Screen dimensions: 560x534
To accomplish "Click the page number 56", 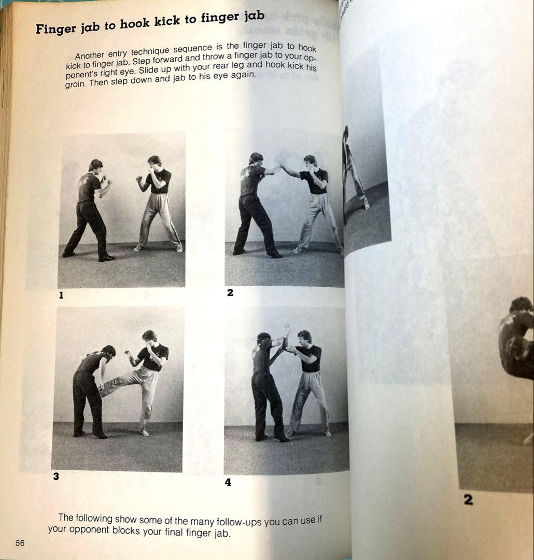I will coord(20,543).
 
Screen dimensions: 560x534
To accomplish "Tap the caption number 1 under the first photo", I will coord(61,295).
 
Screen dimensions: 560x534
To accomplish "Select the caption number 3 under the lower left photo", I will coord(56,477).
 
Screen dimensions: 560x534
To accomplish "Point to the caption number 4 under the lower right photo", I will coord(228,482).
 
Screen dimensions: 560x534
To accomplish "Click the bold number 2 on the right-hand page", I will coord(468,500).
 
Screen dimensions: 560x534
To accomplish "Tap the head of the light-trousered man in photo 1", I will coord(154,162).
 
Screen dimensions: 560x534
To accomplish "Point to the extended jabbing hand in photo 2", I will coord(283,165).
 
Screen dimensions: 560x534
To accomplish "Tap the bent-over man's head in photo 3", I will coord(108,351).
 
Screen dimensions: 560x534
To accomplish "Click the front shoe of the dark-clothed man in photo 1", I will coord(107,257).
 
